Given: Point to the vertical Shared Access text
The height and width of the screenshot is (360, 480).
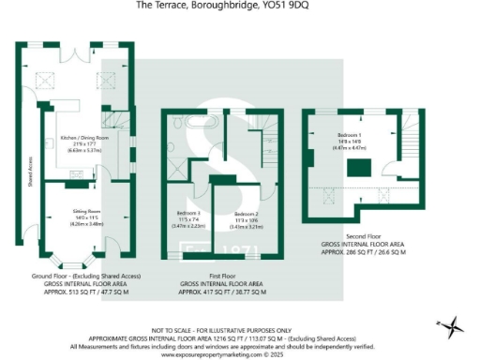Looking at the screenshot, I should pos(30,170).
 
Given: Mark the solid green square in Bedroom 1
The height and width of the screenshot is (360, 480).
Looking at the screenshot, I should pos(357,168).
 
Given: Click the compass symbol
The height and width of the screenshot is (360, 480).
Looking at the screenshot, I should pos(455,327).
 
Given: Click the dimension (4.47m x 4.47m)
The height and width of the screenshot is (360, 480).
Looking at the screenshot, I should pos(352,147).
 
